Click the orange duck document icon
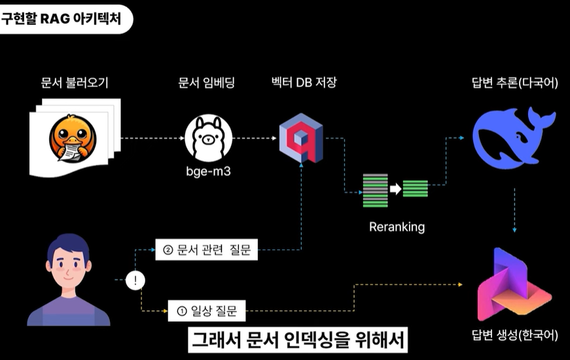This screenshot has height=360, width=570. click(x=73, y=138)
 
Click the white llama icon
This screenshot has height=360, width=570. click(x=208, y=137)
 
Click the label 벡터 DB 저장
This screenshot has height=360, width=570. click(x=304, y=84)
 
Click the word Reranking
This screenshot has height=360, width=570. click(x=397, y=227)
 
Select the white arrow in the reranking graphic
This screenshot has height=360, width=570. click(x=395, y=189)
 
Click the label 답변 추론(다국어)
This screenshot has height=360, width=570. click(x=514, y=84)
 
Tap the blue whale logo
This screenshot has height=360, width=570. click(x=513, y=137)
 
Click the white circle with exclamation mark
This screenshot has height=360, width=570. click(x=134, y=281)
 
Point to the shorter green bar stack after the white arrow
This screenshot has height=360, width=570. click(x=415, y=189)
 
